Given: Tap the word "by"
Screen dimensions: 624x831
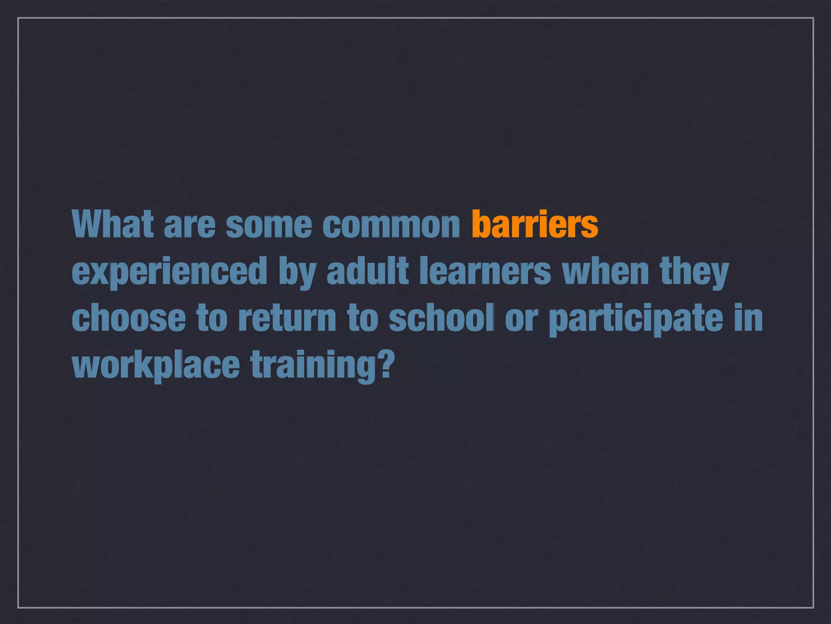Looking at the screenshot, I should click(x=297, y=272).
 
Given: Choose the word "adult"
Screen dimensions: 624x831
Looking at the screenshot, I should click(x=368, y=271).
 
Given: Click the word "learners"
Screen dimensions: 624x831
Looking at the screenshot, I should click(x=485, y=271).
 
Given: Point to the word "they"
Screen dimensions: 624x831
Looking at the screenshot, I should click(x=694, y=272).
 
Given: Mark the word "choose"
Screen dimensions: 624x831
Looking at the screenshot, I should click(x=129, y=318).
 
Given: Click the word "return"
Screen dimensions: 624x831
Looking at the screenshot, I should click(x=287, y=318).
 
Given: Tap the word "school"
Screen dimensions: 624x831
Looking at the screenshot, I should click(x=442, y=318).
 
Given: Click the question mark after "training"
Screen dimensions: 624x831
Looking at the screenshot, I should click(x=387, y=363).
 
